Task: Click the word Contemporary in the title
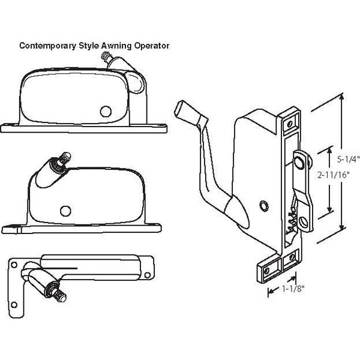point(46,45)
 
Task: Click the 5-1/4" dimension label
point(347,160)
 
